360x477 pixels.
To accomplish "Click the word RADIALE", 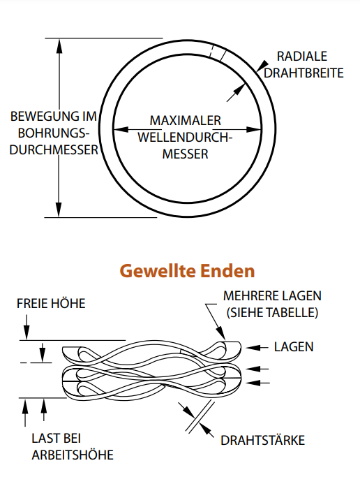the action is click(x=302, y=57).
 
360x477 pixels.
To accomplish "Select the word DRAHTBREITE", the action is click(x=303, y=73).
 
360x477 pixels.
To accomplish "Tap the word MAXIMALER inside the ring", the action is click(x=186, y=120).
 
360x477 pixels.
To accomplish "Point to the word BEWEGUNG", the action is click(x=40, y=116).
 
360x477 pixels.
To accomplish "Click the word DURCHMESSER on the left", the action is click(x=54, y=149).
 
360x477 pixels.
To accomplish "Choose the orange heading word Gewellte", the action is click(x=158, y=270).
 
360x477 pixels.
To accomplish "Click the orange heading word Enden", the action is click(x=227, y=270).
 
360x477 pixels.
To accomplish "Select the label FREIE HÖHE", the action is click(x=51, y=303).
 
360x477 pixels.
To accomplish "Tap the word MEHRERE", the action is click(x=248, y=295).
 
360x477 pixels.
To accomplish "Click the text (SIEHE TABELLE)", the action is click(x=272, y=312).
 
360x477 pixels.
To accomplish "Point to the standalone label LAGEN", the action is click(x=294, y=347).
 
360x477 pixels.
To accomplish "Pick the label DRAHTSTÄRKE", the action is click(x=262, y=440).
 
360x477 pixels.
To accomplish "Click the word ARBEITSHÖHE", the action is click(x=73, y=455).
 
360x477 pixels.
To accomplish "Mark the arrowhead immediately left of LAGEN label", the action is click(x=253, y=347).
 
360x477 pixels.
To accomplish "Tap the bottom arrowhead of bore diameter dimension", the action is click(x=59, y=210).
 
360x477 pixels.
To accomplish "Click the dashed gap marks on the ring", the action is click(x=218, y=52).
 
